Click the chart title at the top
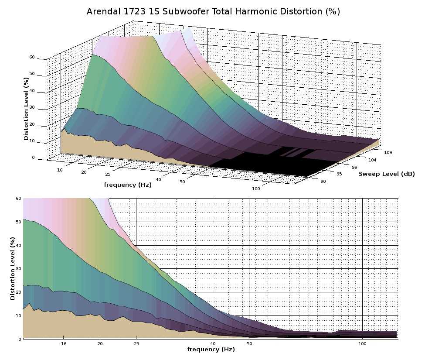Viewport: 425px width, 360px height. tap(213, 12)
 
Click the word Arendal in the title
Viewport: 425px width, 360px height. tap(103, 12)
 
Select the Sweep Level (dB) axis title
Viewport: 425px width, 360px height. tap(387, 174)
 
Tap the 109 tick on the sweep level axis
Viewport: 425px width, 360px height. tap(388, 153)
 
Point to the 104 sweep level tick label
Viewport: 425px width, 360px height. tap(372, 160)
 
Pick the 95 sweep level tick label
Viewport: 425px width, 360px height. tap(339, 175)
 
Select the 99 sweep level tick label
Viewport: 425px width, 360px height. tap(354, 168)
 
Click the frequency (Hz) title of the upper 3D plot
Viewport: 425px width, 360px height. tap(128, 185)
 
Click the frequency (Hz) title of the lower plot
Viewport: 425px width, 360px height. tap(211, 350)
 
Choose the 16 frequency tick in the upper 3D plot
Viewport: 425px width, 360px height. tap(60, 170)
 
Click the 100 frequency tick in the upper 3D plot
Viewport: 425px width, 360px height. tap(256, 189)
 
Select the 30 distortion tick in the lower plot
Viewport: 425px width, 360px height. tap(18, 268)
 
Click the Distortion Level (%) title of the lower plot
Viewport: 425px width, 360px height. tap(13, 268)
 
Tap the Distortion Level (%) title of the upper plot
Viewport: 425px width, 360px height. tap(27, 109)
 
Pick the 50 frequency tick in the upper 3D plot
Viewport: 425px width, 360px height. tap(182, 182)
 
